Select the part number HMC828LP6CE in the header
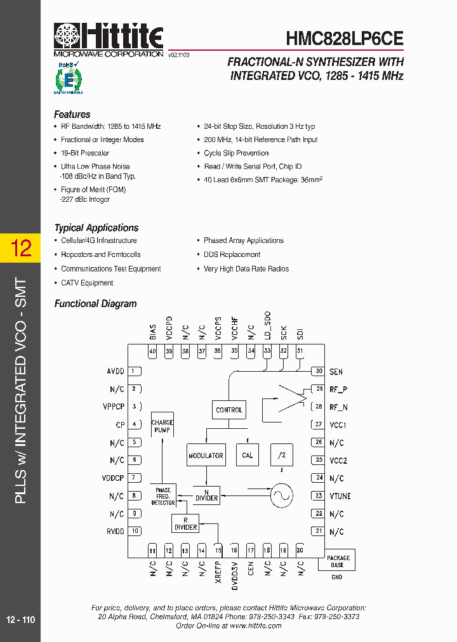(x=344, y=39)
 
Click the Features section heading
(x=72, y=115)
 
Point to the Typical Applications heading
(x=96, y=228)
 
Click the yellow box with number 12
(x=21, y=247)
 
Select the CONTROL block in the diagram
(x=229, y=410)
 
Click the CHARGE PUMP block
(x=162, y=426)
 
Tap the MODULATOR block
(x=206, y=455)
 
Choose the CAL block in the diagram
(x=248, y=455)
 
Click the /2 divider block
(x=282, y=455)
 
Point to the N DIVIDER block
(x=206, y=494)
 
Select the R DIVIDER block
(x=185, y=523)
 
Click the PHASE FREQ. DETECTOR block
(x=162, y=495)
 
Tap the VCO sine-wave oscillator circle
(x=280, y=495)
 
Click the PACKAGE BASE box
(x=338, y=561)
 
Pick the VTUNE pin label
(x=340, y=496)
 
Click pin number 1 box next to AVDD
(x=135, y=371)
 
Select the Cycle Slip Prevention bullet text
(x=236, y=154)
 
